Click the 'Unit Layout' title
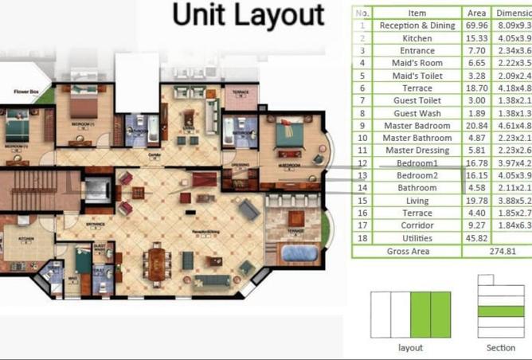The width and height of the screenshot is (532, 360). pyautogui.click(x=248, y=15)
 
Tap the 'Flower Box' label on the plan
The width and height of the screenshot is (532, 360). pyautogui.click(x=26, y=92)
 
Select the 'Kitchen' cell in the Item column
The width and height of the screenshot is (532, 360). pyautogui.click(x=417, y=38)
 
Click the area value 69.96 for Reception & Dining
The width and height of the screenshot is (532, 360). pyautogui.click(x=477, y=25)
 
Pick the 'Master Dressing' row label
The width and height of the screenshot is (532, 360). pyautogui.click(x=417, y=150)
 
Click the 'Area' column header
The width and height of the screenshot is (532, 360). pyautogui.click(x=477, y=13)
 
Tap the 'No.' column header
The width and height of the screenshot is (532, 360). pyautogui.click(x=362, y=13)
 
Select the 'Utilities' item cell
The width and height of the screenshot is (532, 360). pyautogui.click(x=417, y=238)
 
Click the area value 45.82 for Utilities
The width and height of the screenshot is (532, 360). pyautogui.click(x=477, y=238)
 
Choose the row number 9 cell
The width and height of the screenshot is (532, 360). pyautogui.click(x=362, y=125)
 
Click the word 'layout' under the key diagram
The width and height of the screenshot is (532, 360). pyautogui.click(x=410, y=348)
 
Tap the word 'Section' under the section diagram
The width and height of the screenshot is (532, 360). pyautogui.click(x=501, y=348)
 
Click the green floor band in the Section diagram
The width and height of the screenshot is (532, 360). pyautogui.click(x=501, y=311)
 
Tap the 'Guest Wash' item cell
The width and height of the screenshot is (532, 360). pyautogui.click(x=417, y=112)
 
